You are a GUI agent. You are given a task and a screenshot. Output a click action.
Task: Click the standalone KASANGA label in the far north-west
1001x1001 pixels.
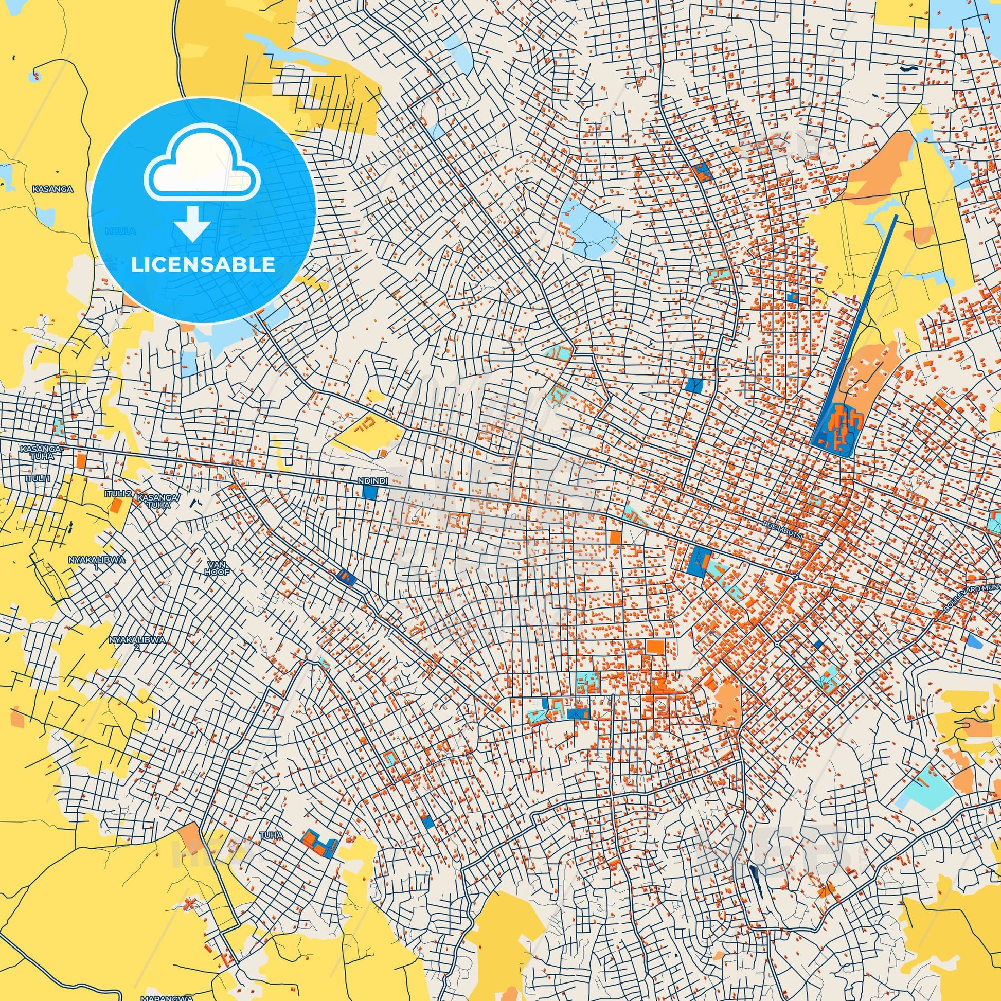pyautogui.click(x=52, y=190)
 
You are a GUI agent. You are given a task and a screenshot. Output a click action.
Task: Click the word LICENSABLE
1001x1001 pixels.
pyautogui.click(x=203, y=265)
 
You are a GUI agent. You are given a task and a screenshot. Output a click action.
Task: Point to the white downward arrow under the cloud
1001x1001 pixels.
pyautogui.click(x=192, y=223)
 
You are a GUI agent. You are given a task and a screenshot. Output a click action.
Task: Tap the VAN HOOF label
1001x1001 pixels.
pyautogui.click(x=217, y=567)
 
